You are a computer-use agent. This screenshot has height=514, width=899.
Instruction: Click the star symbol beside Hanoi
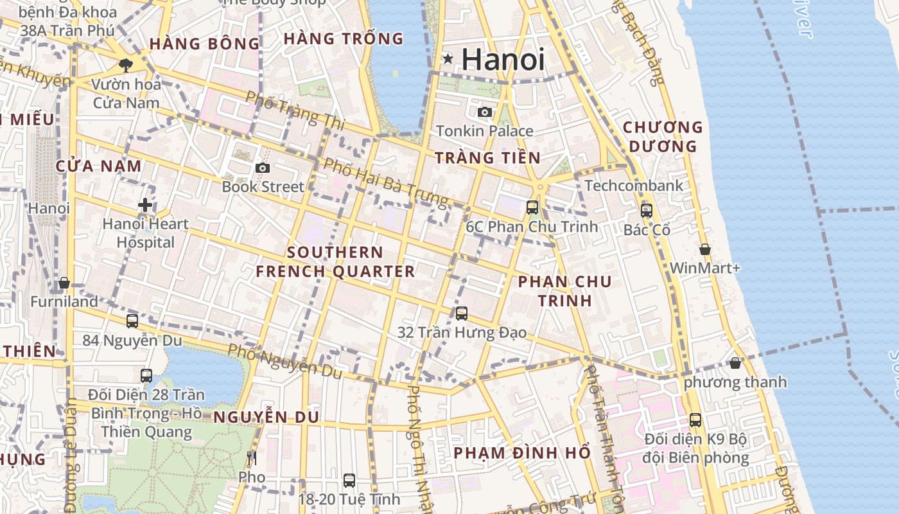(448, 59)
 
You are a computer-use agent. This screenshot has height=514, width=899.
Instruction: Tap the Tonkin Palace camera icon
(485, 112)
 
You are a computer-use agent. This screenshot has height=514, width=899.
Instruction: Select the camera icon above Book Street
(262, 168)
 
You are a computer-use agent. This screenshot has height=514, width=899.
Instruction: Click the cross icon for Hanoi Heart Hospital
(146, 206)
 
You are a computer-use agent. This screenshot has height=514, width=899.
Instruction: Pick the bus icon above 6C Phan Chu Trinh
(532, 208)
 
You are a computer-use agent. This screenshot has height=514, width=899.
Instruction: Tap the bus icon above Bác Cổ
(647, 211)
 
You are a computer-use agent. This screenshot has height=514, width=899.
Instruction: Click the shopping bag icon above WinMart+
(704, 249)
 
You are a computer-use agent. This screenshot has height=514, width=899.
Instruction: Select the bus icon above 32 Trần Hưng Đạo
(462, 314)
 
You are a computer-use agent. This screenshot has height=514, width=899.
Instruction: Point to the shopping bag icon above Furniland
(64, 283)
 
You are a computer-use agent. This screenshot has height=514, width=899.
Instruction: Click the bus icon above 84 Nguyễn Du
(132, 321)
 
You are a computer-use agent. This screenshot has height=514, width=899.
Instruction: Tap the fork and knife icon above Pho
(251, 458)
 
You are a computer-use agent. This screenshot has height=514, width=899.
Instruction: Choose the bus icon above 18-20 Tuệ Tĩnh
(349, 480)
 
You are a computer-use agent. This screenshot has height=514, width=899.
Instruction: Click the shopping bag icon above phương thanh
(735, 364)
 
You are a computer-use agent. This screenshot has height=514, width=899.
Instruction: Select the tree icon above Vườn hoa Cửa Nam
(126, 65)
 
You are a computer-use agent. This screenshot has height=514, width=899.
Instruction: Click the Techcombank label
(634, 186)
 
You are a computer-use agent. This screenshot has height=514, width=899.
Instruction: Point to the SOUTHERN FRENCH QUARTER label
(335, 261)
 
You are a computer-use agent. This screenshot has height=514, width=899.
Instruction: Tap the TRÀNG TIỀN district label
(487, 158)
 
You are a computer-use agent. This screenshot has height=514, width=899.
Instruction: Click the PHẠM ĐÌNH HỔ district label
(522, 453)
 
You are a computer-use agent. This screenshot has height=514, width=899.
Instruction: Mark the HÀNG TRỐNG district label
(344, 39)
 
